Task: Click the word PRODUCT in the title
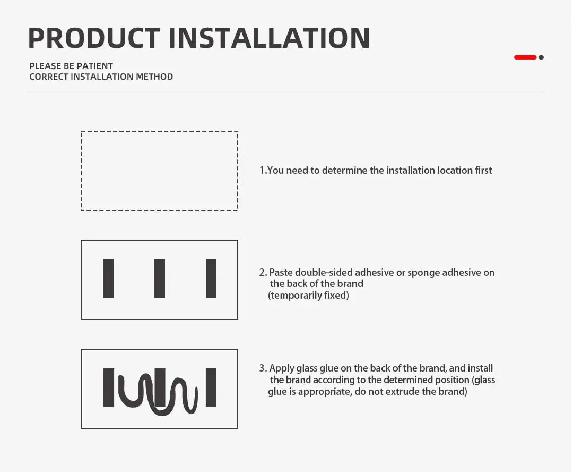[94, 38]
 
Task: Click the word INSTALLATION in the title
[270, 38]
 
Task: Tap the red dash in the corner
[525, 57]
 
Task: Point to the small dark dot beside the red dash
[541, 57]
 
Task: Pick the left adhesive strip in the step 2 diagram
[109, 279]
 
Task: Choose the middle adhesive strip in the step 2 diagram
[160, 279]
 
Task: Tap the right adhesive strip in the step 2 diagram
[211, 279]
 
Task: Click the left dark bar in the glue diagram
[109, 387]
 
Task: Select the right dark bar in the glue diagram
[211, 387]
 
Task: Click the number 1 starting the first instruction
[262, 171]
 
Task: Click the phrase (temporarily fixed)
[308, 296]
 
